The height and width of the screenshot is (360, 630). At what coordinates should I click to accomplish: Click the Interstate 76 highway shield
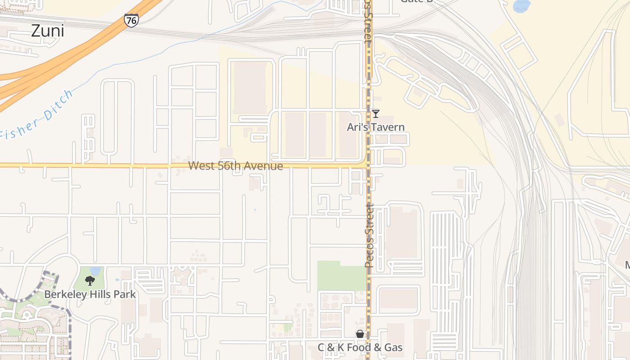[131, 20]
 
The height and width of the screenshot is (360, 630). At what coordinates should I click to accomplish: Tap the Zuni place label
[47, 31]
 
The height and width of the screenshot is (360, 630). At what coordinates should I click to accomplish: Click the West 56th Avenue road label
[235, 166]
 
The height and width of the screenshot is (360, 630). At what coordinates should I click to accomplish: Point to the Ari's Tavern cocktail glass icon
[375, 114]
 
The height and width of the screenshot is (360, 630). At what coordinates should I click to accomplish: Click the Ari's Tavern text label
[375, 127]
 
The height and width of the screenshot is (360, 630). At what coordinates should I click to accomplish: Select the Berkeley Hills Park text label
[90, 295]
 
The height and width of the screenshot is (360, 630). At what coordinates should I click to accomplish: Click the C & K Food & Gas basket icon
[360, 334]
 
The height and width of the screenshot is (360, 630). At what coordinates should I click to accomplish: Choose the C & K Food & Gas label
[360, 347]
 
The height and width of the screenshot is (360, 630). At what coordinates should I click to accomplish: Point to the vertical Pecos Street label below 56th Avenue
[369, 235]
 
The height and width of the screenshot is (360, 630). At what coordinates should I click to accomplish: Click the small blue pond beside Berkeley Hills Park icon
[95, 270]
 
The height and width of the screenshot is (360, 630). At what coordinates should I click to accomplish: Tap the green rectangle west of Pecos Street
[341, 275]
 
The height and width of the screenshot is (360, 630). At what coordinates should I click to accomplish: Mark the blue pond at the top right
[521, 5]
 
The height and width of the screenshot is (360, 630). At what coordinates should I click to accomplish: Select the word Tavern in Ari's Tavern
[387, 127]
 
